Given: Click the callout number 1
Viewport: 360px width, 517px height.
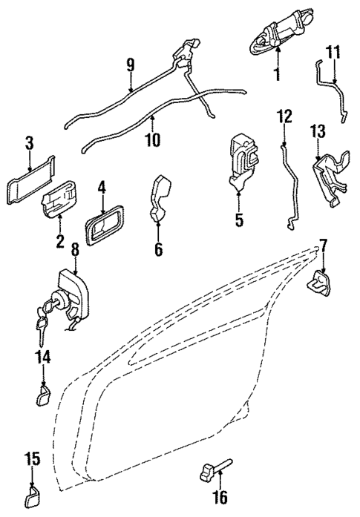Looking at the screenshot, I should (x=278, y=74).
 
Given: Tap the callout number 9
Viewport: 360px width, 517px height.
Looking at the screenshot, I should (x=131, y=66).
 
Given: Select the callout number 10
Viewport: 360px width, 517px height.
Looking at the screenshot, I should (x=154, y=139).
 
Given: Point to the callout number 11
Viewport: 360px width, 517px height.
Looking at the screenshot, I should (x=333, y=53).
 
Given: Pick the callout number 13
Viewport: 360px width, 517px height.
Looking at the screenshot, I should (x=318, y=133).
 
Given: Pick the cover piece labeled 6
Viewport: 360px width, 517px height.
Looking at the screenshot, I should (x=161, y=198).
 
